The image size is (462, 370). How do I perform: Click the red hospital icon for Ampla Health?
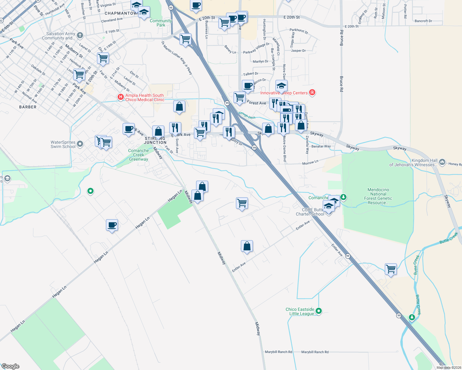[x=120, y=97]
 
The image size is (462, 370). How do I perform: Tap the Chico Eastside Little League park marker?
[x=319, y=311]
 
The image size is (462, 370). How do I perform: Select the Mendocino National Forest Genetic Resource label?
[x=378, y=196]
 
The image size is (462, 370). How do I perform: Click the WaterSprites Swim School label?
[x=63, y=144]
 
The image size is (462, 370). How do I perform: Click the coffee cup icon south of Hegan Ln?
[x=112, y=225]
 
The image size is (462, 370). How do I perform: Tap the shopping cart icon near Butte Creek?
[x=391, y=269]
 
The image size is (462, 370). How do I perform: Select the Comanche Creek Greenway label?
[x=138, y=155]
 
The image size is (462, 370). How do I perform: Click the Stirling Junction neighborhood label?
[x=155, y=141]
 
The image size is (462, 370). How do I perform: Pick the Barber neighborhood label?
[x=28, y=107]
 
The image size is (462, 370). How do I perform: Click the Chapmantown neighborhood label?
[x=120, y=13]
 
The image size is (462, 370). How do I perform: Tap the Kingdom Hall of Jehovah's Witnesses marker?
[x=442, y=162]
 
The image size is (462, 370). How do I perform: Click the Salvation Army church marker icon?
[x=80, y=35]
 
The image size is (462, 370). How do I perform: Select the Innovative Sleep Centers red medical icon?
[x=312, y=92]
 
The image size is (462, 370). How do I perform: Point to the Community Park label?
[x=161, y=23]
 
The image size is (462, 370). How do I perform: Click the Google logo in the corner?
[x=10, y=366]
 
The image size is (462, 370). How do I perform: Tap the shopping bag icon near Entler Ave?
[x=247, y=246]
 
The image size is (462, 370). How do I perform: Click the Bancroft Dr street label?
[x=423, y=21]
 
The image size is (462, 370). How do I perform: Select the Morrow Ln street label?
[x=310, y=162]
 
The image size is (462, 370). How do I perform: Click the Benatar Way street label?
[x=321, y=146]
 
